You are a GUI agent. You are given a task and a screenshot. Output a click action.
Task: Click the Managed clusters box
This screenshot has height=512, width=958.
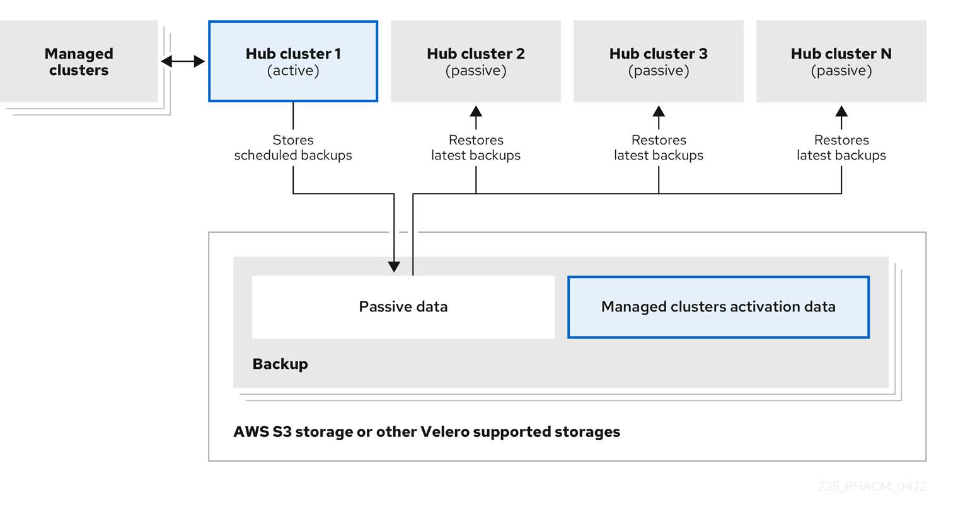79,62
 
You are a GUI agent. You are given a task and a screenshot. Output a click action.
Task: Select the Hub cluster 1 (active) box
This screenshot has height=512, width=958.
293,62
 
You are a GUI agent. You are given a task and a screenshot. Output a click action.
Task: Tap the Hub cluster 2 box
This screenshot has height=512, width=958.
476,62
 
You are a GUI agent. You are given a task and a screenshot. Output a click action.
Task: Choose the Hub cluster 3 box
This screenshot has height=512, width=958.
659,62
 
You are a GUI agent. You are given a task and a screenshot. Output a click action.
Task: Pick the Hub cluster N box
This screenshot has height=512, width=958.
841,62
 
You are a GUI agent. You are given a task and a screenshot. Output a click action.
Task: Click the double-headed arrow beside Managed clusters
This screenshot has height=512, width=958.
183,61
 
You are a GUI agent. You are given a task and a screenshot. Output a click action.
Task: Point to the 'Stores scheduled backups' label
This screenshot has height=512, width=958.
293,148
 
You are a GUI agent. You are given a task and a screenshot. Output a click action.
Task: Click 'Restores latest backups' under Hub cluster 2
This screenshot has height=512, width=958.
476,148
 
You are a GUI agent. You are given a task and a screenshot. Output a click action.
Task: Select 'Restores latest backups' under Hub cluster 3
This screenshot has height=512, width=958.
659,148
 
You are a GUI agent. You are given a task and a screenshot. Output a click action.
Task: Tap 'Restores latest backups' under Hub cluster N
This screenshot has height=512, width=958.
841,148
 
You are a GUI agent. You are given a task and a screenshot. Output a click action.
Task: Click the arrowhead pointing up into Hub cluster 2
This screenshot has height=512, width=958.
476,112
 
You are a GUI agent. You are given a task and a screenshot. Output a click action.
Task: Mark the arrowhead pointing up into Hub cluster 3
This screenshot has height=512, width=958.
659,112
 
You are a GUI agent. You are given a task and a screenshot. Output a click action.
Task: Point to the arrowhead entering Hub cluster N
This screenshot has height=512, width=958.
841,112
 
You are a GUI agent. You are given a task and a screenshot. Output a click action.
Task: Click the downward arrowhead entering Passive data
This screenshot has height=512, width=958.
394,266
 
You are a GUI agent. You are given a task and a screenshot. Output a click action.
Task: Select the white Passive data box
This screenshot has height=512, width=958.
403,307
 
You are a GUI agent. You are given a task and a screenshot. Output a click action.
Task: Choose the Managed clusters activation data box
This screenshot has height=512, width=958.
718,307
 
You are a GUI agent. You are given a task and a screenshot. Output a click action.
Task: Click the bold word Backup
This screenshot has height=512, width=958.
280,364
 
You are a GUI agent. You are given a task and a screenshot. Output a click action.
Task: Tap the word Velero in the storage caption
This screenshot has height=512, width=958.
445,432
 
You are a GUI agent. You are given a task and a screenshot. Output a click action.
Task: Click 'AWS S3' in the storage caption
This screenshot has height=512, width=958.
262,432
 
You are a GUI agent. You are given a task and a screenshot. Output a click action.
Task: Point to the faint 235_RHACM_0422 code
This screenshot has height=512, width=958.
872,486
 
